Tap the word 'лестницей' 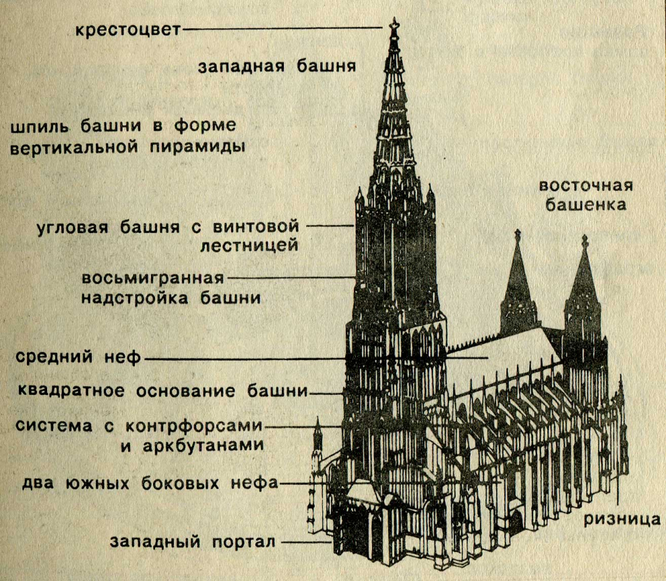tap(249, 245)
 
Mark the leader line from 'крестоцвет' tap(283, 29)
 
